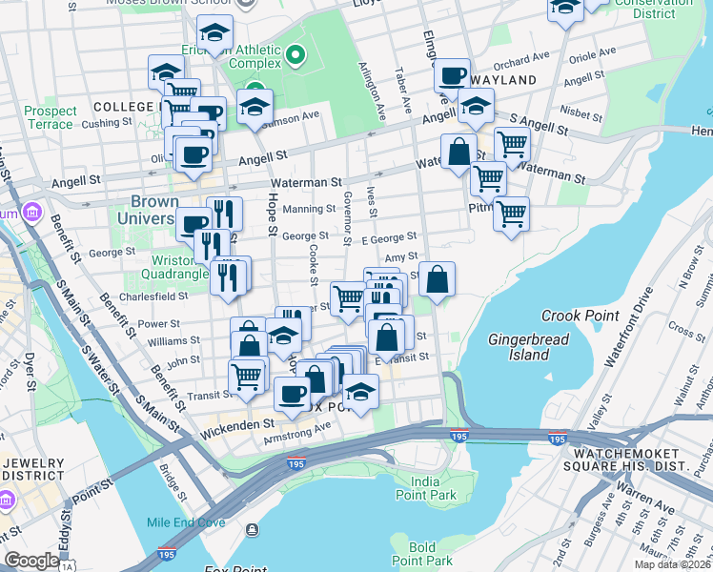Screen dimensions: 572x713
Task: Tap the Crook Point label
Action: click(574, 316)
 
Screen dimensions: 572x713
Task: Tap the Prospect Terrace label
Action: click(50, 117)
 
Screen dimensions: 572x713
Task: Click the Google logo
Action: click(31, 561)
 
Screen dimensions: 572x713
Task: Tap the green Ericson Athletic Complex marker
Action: click(295, 55)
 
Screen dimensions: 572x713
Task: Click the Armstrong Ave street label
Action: click(295, 439)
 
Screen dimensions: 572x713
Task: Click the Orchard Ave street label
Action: click(521, 61)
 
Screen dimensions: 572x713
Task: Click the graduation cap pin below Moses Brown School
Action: click(216, 32)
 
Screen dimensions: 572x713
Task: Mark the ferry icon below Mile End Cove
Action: click(252, 529)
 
